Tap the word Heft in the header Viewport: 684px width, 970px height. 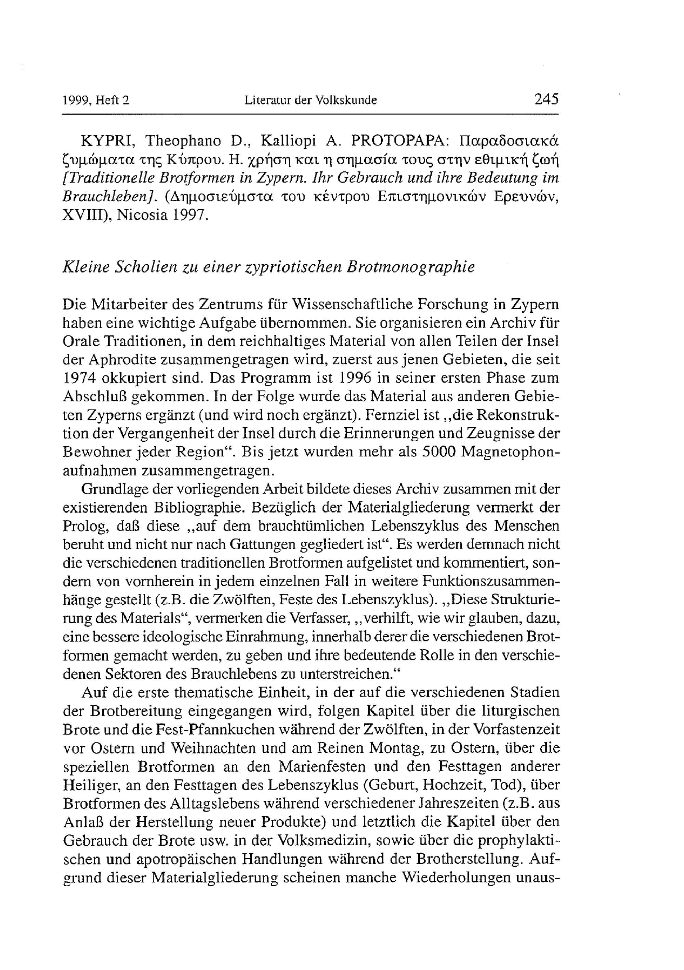(x=108, y=101)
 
